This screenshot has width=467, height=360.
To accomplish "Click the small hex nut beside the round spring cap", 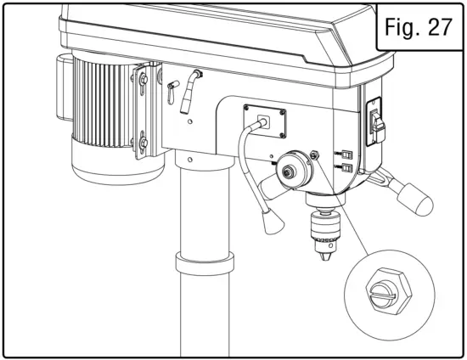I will (315, 156).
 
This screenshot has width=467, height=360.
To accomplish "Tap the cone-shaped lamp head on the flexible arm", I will (270, 222).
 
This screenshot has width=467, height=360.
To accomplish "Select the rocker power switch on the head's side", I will (374, 122).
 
